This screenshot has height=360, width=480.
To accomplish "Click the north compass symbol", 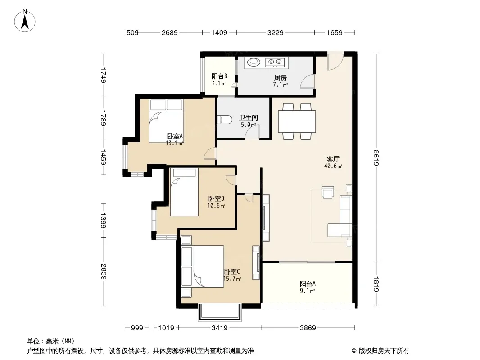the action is [x=25, y=20].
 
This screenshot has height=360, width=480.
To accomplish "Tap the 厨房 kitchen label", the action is [x=280, y=78].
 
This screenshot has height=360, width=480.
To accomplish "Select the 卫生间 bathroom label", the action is [x=248, y=117].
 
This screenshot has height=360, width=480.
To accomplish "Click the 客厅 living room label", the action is [x=333, y=159].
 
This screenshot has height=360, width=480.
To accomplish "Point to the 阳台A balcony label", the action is [x=308, y=283].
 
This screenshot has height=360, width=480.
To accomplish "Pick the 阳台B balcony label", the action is [x=219, y=76].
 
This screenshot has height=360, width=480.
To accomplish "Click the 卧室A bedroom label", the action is [x=175, y=136].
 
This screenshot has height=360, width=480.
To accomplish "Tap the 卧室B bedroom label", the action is [x=216, y=199].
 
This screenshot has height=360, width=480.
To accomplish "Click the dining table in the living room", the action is [x=297, y=121].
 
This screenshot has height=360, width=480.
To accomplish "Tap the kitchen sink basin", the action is [x=254, y=62].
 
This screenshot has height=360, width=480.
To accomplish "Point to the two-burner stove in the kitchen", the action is [x=275, y=63].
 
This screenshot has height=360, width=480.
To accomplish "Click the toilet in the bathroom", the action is [x=224, y=120].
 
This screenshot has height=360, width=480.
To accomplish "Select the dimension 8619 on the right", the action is [x=376, y=158].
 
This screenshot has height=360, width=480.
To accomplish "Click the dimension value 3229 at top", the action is [x=276, y=32].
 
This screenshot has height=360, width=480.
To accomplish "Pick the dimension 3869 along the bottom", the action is [x=308, y=328].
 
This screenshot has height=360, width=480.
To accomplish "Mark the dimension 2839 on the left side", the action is [x=103, y=272].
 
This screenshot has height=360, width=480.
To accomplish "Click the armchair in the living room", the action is [x=327, y=192].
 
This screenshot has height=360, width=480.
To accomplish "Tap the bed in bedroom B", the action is [x=184, y=192].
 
